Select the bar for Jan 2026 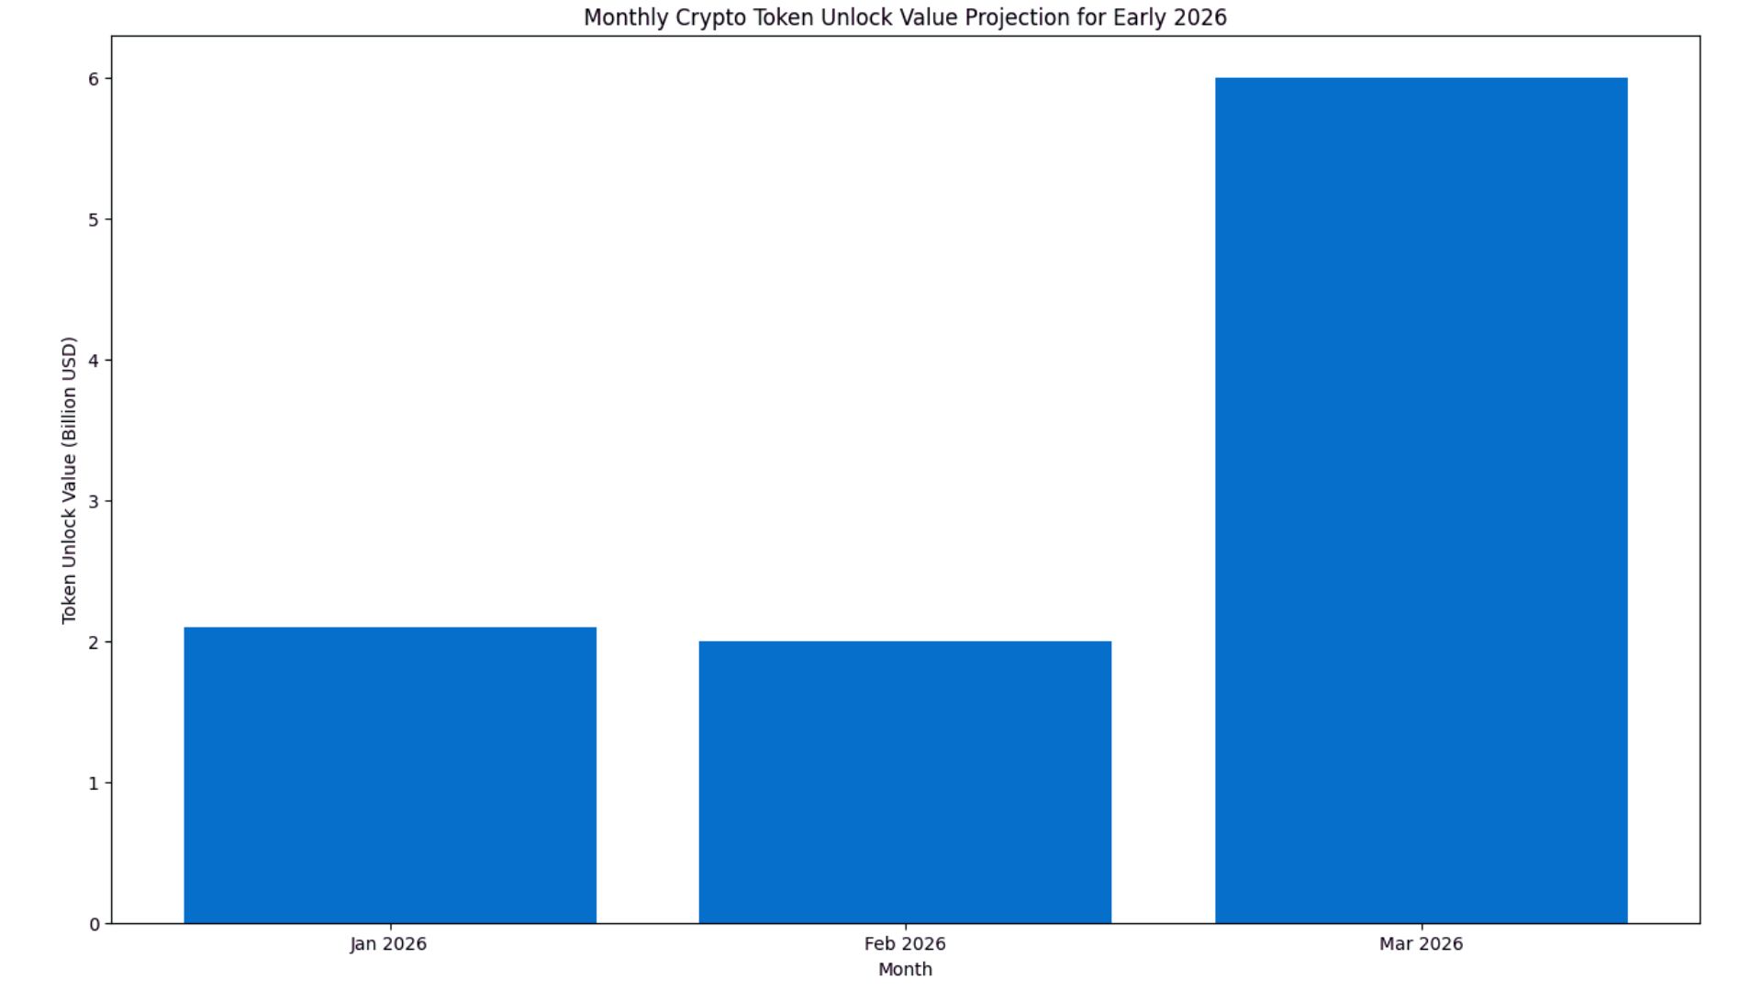click(x=390, y=775)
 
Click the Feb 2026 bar click(x=905, y=782)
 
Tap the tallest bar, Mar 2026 click(x=1421, y=500)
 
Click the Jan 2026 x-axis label click(x=388, y=943)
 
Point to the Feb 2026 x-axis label click(x=905, y=943)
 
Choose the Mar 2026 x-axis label click(x=1421, y=943)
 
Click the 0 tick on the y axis click(x=95, y=924)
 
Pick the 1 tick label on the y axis click(x=95, y=784)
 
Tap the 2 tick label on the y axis click(x=95, y=642)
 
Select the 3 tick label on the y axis click(x=95, y=502)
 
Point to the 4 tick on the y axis click(x=95, y=361)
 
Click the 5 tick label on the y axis click(x=95, y=220)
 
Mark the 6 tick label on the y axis click(x=95, y=79)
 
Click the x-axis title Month click(x=905, y=969)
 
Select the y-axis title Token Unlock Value click(x=69, y=480)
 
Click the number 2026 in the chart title click(x=1199, y=17)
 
